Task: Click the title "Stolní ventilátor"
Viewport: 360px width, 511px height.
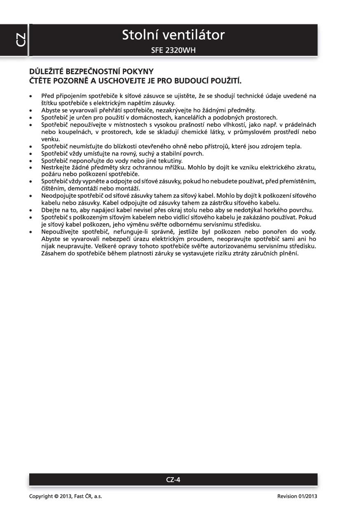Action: [x=173, y=35]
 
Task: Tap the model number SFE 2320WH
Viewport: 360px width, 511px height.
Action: [x=173, y=51]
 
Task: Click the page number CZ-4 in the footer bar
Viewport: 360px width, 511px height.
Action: [x=173, y=479]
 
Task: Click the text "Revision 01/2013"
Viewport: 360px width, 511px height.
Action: [x=297, y=496]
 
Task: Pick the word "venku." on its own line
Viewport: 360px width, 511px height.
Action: [x=49, y=139]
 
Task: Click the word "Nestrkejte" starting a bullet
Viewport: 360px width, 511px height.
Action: [x=55, y=168]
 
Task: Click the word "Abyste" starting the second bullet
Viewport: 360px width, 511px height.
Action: [x=50, y=110]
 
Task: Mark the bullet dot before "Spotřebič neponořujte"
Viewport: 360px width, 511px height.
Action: [x=30, y=161]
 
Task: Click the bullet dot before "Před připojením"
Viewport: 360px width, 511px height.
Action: [x=30, y=96]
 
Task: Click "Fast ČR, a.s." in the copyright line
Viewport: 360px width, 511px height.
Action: [x=89, y=496]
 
